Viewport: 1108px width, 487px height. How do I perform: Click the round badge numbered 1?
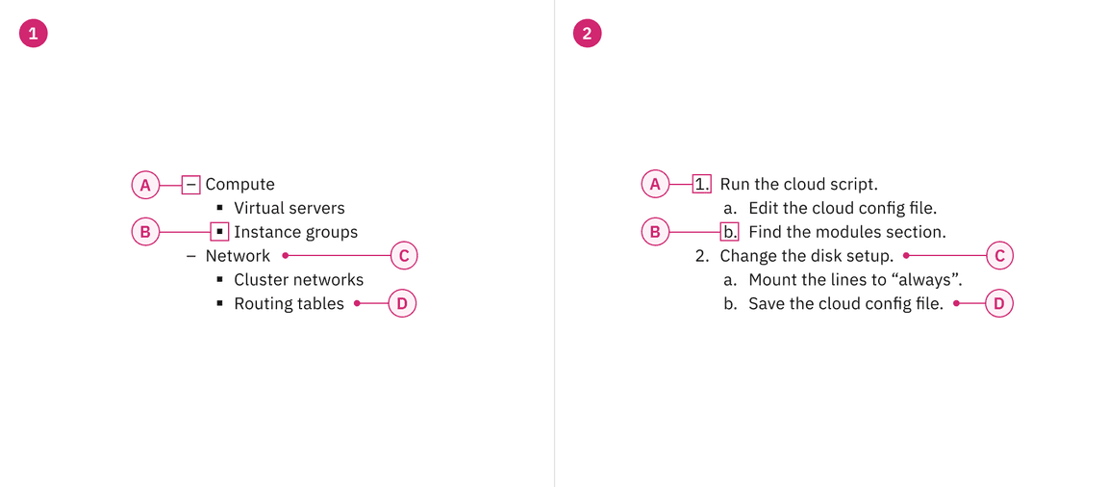pos(33,34)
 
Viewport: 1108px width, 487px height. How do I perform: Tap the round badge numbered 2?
pos(587,34)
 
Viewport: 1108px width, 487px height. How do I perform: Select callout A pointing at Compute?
pos(145,184)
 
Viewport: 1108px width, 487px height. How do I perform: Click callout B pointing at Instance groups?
pos(145,232)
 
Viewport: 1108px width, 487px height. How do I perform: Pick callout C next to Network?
pos(404,256)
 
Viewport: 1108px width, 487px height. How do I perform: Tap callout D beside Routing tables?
pos(402,303)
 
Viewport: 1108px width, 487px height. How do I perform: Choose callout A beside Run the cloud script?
pos(655,184)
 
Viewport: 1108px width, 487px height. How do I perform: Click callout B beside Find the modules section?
pos(655,232)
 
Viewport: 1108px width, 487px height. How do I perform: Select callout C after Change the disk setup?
pos(1000,256)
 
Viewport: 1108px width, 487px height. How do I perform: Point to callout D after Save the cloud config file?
pos(999,303)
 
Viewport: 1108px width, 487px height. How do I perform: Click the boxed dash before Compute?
pos(191,184)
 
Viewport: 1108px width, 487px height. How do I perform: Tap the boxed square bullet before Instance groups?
pos(219,232)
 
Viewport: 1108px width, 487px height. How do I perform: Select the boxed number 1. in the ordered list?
pos(702,184)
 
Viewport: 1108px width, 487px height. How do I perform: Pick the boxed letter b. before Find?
pos(730,232)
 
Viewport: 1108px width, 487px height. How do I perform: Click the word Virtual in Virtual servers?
pos(260,208)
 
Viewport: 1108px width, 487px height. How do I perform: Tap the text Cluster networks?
pos(298,280)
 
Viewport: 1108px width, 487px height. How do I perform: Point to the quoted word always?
pos(929,280)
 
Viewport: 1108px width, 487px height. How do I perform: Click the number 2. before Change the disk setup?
pos(702,256)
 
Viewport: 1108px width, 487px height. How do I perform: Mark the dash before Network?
pos(190,256)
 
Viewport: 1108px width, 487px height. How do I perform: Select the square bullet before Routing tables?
pos(219,304)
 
